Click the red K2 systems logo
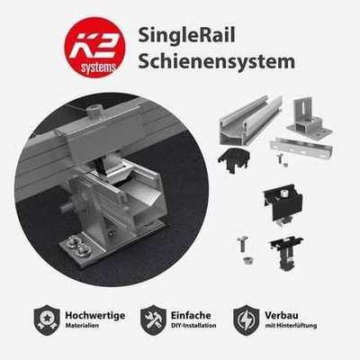coord(94,48)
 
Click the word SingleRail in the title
coord(186,35)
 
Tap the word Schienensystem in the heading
coord(217,61)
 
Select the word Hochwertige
coord(95,315)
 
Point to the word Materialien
coord(82,326)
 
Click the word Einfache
coord(191,315)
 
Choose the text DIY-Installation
coord(193,326)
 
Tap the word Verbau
coord(282,315)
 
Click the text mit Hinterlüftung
coord(291,326)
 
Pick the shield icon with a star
coord(47,319)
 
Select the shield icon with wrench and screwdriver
coord(153,319)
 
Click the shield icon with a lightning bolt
coord(247,319)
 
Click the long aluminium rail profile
coord(250,120)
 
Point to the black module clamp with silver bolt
coord(283,203)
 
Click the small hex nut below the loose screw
coord(247,260)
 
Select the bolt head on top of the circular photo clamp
coord(94,112)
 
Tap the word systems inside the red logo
coord(98,67)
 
